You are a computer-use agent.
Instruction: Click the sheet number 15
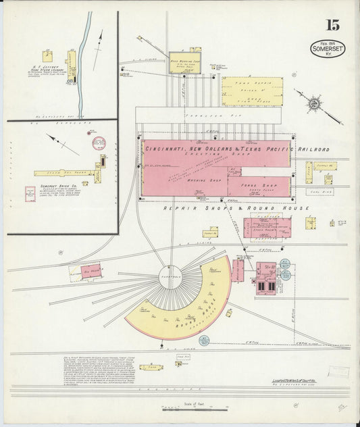(332, 25)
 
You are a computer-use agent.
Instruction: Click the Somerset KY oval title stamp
(328, 48)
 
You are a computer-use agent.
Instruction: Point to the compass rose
(314, 104)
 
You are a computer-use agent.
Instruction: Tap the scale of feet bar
(195, 409)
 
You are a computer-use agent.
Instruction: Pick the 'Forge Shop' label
(260, 185)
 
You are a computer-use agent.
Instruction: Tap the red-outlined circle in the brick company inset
(99, 143)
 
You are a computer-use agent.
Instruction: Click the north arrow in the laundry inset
(99, 41)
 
